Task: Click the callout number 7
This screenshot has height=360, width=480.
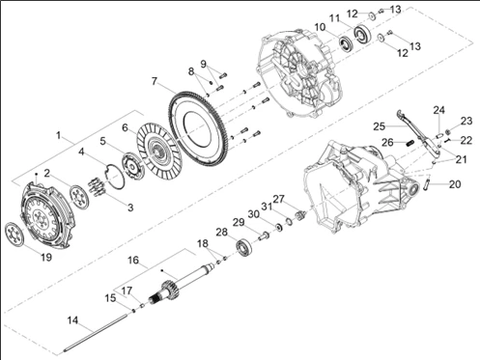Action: [x=155, y=81]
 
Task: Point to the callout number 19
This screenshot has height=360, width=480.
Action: [x=46, y=257]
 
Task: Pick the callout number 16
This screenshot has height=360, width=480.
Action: [x=133, y=260]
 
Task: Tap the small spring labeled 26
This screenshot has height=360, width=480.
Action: [x=409, y=143]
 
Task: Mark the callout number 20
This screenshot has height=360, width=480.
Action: [x=455, y=184]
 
